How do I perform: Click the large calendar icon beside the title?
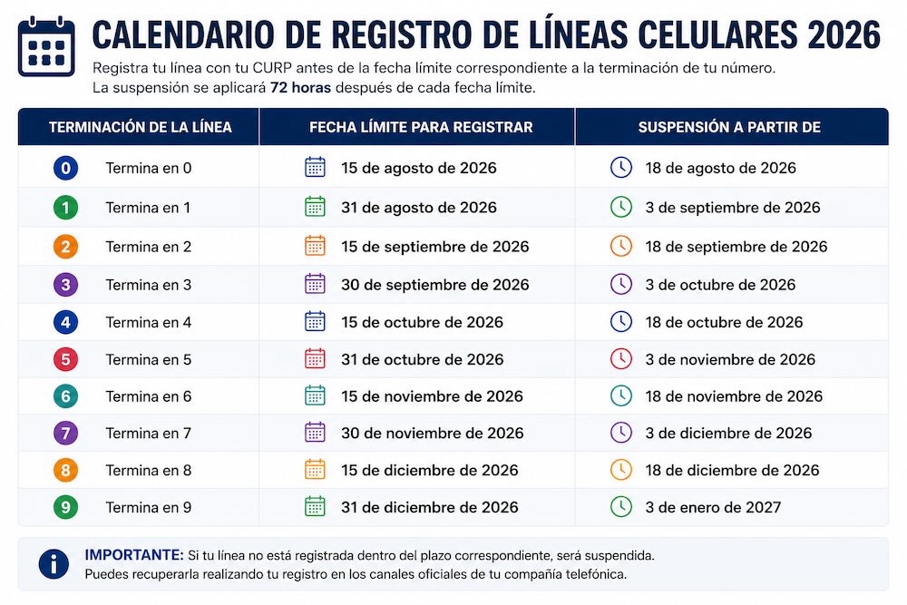[x=46, y=47]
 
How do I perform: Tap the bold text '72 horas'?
[x=300, y=88]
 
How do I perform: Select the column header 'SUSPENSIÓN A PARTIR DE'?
[x=729, y=127]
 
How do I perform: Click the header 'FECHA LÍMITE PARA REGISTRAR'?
[x=421, y=127]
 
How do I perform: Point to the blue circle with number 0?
[x=65, y=169]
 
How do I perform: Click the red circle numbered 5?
[x=65, y=360]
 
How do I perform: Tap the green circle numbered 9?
[x=65, y=507]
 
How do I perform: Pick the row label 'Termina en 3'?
[x=148, y=285]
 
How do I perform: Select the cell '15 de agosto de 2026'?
[x=419, y=169]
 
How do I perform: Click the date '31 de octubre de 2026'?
[x=423, y=360]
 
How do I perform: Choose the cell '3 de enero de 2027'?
[x=713, y=507]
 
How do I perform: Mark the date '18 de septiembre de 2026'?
[x=736, y=247]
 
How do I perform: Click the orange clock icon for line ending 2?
[x=621, y=247]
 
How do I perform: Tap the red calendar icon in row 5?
[x=315, y=358]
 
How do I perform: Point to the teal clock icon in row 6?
[x=621, y=396]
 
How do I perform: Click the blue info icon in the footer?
[x=54, y=564]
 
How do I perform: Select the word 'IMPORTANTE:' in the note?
[x=134, y=555]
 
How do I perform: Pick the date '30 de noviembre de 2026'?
[x=432, y=434]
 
